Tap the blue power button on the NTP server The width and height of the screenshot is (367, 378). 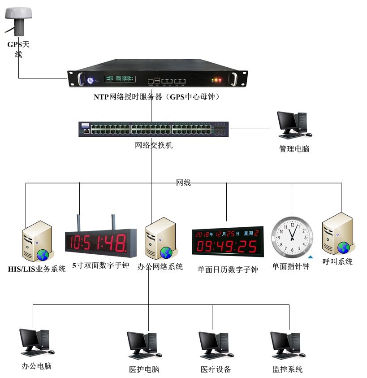tap(90, 81)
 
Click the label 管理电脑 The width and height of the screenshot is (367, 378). tap(294, 148)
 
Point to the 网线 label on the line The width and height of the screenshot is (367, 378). tap(183, 183)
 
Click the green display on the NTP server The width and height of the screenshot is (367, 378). tap(119, 79)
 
